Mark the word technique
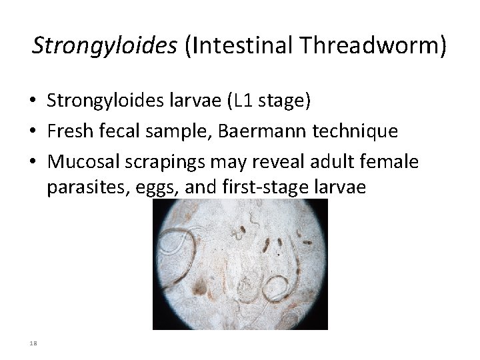pyautogui.click(x=359, y=131)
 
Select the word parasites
pyautogui.click(x=82, y=187)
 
